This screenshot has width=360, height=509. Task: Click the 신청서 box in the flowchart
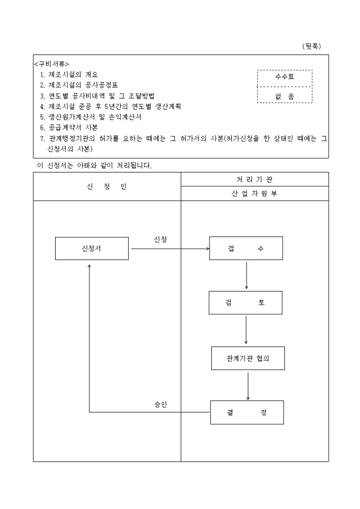coord(92,249)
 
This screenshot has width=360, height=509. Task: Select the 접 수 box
coord(246,249)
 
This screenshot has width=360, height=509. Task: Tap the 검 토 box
coord(245,303)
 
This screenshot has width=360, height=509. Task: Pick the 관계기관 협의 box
coord(248,358)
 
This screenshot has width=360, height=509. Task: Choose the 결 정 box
coord(247,413)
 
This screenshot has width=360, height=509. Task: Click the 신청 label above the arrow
coord(160,240)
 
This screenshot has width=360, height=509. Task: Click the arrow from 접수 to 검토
coord(246,275)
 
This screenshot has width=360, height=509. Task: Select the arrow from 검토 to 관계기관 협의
coord(246,330)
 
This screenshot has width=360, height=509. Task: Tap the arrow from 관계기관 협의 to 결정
coord(248,385)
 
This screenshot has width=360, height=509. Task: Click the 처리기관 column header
coord(255,179)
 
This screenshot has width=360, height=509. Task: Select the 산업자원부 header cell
coord(255,194)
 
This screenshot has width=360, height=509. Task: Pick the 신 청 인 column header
coord(107,187)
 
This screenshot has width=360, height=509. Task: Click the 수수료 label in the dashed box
coord(284,77)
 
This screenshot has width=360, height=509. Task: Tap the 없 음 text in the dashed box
coord(284,96)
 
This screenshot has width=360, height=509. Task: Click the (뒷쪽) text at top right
coord(311,46)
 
